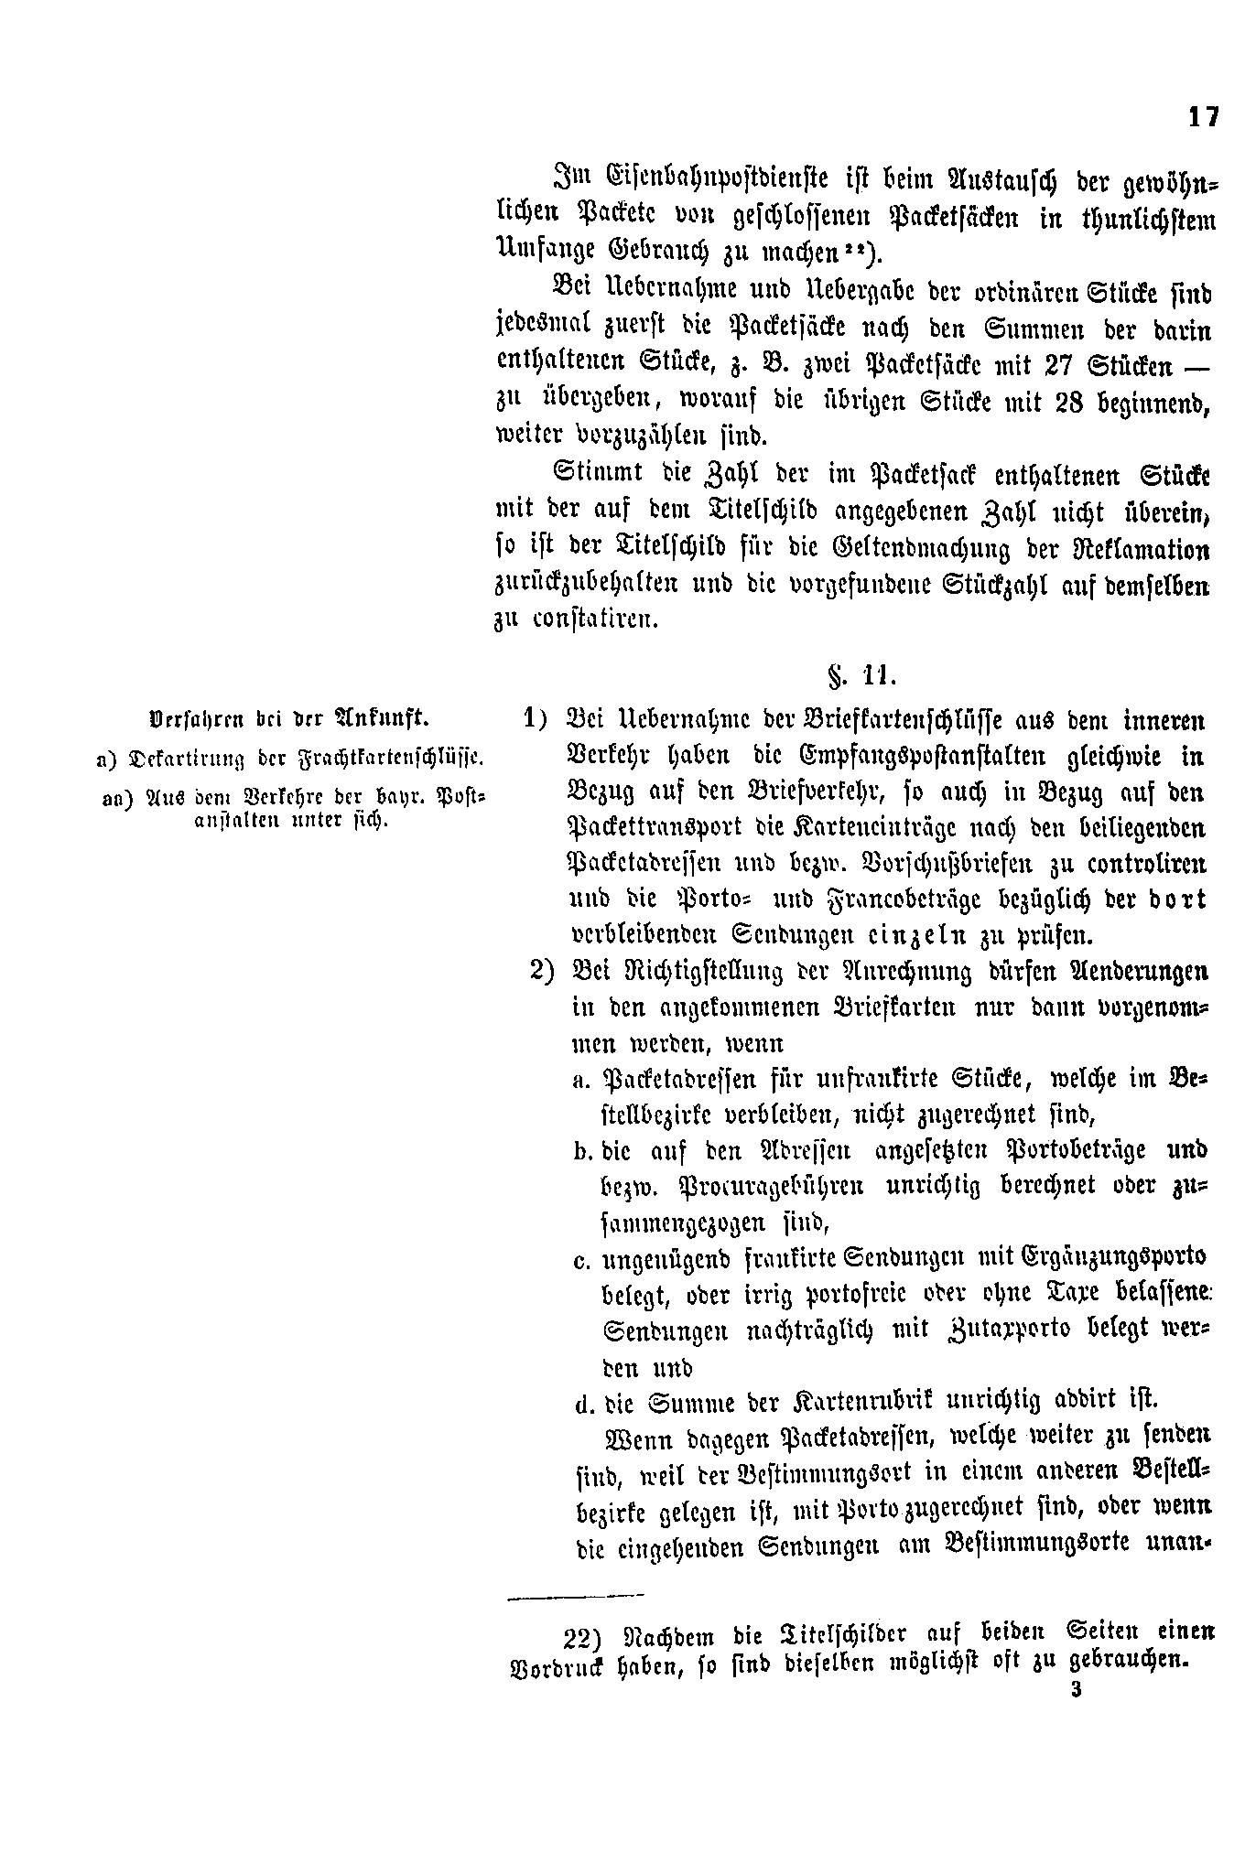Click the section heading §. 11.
(x=862, y=676)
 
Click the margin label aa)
(x=116, y=797)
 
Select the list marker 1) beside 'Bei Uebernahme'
(x=536, y=717)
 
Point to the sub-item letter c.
(x=580, y=1262)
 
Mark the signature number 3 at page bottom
(x=1076, y=1689)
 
